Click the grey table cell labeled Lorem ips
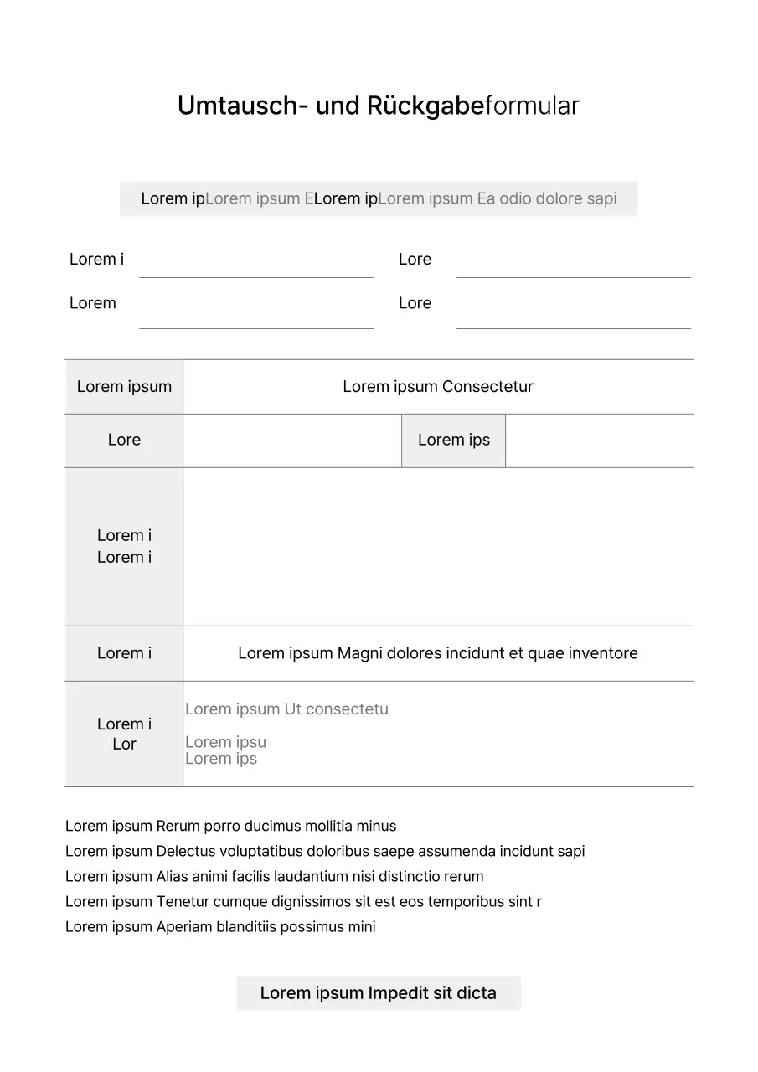pyautogui.click(x=453, y=441)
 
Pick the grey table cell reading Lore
pyautogui.click(x=124, y=441)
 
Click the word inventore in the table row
pyautogui.click(x=598, y=653)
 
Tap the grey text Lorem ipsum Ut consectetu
pyautogui.click(x=286, y=709)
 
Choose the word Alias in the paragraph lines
pyautogui.click(x=173, y=877)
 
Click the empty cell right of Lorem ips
pyautogui.click(x=599, y=441)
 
